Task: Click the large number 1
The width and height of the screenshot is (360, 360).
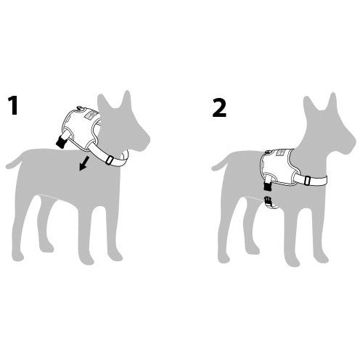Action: (13, 105)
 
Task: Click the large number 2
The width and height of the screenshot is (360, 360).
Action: (219, 107)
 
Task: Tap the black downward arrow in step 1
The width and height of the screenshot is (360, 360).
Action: (83, 163)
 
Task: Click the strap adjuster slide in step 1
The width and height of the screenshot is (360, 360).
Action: (110, 160)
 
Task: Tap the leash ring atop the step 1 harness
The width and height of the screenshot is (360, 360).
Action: (79, 108)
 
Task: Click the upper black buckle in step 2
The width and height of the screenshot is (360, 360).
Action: (267, 187)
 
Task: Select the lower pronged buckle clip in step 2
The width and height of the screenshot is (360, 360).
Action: (268, 200)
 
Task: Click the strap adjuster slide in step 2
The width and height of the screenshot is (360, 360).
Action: (307, 181)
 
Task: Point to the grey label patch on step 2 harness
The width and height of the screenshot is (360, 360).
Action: (281, 152)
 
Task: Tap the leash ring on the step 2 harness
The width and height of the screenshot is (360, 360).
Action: (267, 152)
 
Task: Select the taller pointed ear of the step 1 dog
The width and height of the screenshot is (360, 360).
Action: (127, 100)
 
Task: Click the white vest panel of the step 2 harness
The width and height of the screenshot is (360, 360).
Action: (278, 165)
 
